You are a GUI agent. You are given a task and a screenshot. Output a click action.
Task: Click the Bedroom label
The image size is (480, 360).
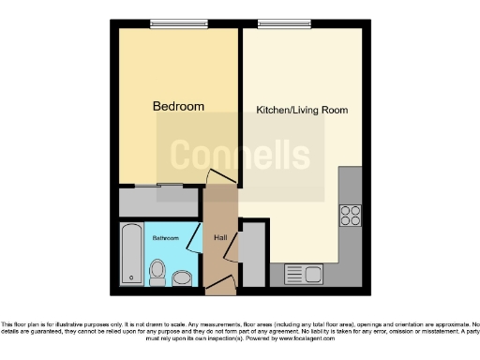click(178, 106)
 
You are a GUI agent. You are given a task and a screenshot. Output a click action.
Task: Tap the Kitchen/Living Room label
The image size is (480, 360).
click(302, 110)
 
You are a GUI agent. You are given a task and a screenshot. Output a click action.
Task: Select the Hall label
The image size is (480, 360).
click(220, 237)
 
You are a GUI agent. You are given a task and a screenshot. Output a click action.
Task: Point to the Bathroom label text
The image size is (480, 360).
click(167, 237)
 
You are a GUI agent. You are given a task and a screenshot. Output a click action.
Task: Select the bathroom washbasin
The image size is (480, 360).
click(182, 277)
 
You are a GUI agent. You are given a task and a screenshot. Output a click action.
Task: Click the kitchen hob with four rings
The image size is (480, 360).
click(351, 217)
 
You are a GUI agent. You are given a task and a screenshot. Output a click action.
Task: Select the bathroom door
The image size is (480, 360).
click(195, 239)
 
